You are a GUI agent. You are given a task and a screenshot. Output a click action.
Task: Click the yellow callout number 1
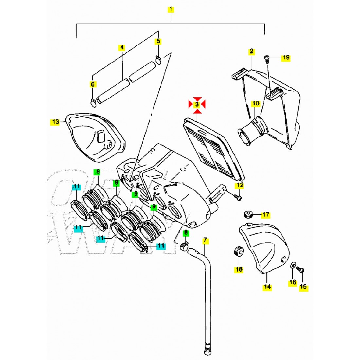pyautogui.click(x=171, y=9)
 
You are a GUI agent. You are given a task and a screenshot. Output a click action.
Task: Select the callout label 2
pyautogui.click(x=251, y=51)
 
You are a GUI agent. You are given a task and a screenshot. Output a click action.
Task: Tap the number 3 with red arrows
pyautogui.click(x=197, y=104)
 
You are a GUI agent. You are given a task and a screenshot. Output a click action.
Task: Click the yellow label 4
pyautogui.click(x=121, y=47)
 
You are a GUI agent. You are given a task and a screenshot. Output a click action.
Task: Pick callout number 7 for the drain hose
pyautogui.click(x=205, y=240)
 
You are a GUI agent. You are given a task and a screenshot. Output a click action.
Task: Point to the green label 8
pyautogui.click(x=186, y=233)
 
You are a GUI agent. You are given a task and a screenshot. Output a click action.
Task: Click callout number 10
pyautogui.click(x=255, y=104)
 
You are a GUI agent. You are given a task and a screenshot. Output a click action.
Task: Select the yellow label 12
pyautogui.click(x=240, y=186)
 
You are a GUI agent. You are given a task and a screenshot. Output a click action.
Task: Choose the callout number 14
pyautogui.click(x=267, y=287)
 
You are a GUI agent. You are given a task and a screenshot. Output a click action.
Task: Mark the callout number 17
pyautogui.click(x=266, y=215)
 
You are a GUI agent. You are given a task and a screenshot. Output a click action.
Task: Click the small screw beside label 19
pyautogui.click(x=266, y=59)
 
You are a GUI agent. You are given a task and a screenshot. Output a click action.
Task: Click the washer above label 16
pyautogui.click(x=293, y=265)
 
